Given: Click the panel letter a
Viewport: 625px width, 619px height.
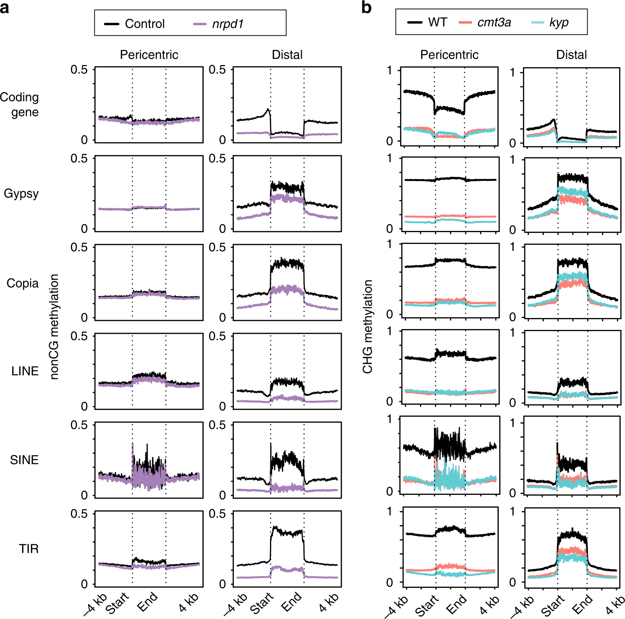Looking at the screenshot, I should tap(5, 8).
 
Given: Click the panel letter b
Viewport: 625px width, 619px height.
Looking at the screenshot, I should tap(366, 7).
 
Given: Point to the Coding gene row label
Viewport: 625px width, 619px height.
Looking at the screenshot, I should tap(20, 105).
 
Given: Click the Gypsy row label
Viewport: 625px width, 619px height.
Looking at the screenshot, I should tap(21, 194).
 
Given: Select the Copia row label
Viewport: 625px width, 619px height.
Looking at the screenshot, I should tap(23, 283).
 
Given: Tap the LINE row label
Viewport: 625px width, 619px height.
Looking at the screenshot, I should tap(25, 371).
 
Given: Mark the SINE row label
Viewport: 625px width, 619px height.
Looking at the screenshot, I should tap(24, 460).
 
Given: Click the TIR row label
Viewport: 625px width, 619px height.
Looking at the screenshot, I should tap(28, 549).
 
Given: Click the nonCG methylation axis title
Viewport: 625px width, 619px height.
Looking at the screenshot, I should tap(54, 327).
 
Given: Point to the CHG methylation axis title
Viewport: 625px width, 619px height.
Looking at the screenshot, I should tap(367, 327).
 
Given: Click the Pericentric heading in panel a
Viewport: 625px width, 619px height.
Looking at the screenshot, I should tap(149, 55).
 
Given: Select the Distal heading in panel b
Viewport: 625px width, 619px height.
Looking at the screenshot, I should tap(571, 55).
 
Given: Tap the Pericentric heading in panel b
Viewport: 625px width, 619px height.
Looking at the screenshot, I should tap(449, 55).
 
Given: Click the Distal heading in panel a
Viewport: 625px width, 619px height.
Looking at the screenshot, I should tap(287, 55).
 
